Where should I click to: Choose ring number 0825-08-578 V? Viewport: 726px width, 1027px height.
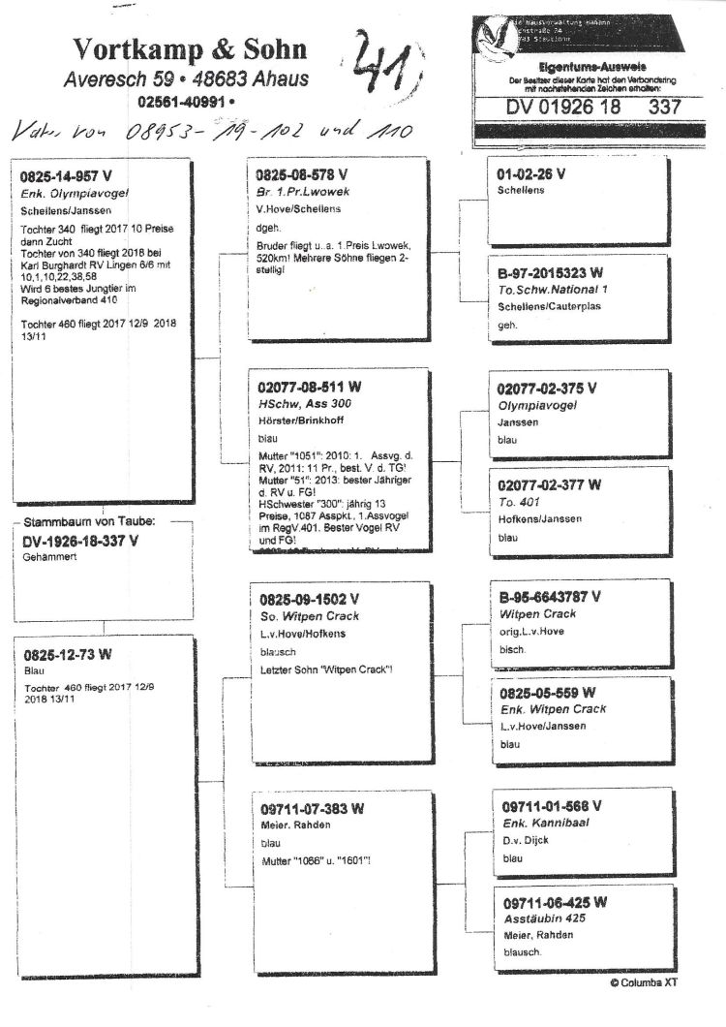302,175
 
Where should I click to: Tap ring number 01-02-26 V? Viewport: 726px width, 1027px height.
530,174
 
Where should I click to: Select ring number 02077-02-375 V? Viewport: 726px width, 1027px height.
547,388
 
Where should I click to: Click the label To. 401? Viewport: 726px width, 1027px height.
517,501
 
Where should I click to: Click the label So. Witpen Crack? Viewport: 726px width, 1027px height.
308,616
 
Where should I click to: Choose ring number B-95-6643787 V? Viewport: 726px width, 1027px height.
551,596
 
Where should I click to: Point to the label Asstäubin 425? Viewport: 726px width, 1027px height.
547,918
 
